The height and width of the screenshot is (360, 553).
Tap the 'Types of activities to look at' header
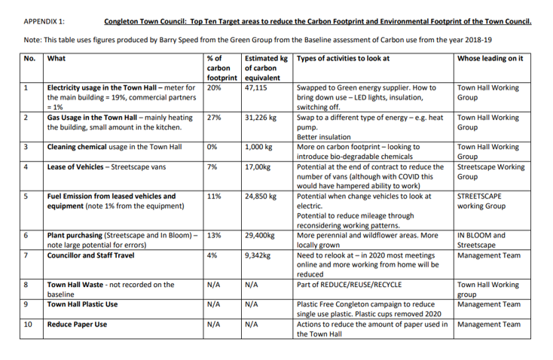tap(343, 58)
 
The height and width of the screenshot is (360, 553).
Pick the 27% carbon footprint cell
tap(213, 117)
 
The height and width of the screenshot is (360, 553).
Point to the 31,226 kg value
tap(261, 117)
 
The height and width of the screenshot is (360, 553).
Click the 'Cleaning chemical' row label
tap(76, 147)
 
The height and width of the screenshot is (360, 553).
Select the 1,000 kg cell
tap(259, 147)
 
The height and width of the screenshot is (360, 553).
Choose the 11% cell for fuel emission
tap(213, 196)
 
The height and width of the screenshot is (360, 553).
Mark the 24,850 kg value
tap(261, 196)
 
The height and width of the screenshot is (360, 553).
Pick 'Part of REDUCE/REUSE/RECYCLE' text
tap(349, 285)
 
